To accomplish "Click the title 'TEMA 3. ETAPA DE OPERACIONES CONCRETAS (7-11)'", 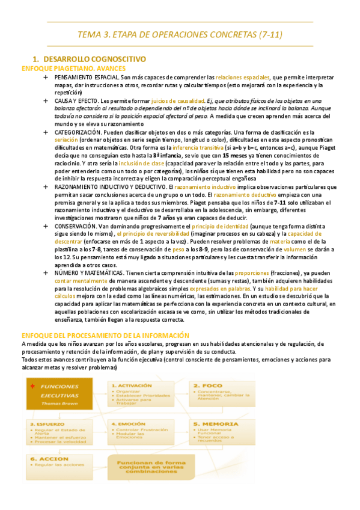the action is [x=180, y=35].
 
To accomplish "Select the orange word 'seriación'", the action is [x=66, y=140].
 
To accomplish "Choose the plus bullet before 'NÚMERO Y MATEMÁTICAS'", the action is [x=46, y=273].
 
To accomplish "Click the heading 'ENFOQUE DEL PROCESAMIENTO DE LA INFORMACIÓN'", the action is [x=105, y=335].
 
